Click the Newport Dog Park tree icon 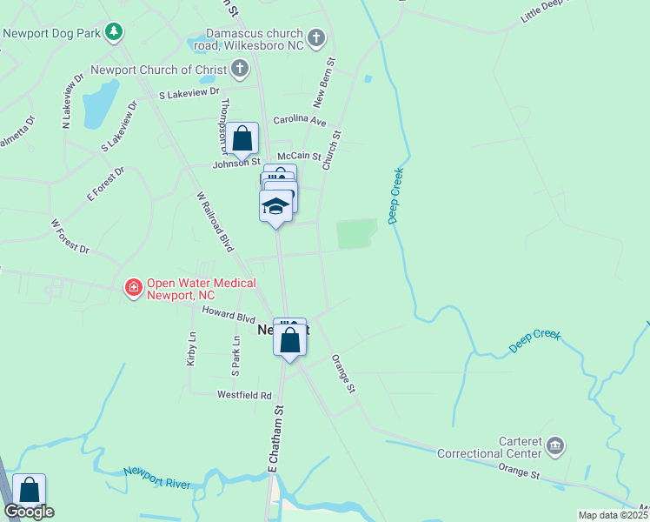113,32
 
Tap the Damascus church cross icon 316,38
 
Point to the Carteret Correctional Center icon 555,446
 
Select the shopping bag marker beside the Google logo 29,491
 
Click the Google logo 30,512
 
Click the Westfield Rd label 244,395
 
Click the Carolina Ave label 299,121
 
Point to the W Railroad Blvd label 216,222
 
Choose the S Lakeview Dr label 189,90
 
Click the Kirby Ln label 191,348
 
